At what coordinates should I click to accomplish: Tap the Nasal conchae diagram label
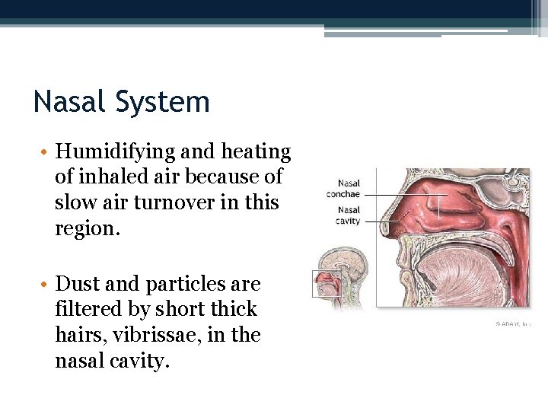pos(343,189)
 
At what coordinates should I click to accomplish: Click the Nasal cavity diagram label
pos(349,215)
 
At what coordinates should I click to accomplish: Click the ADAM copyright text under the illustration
pos(513,323)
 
